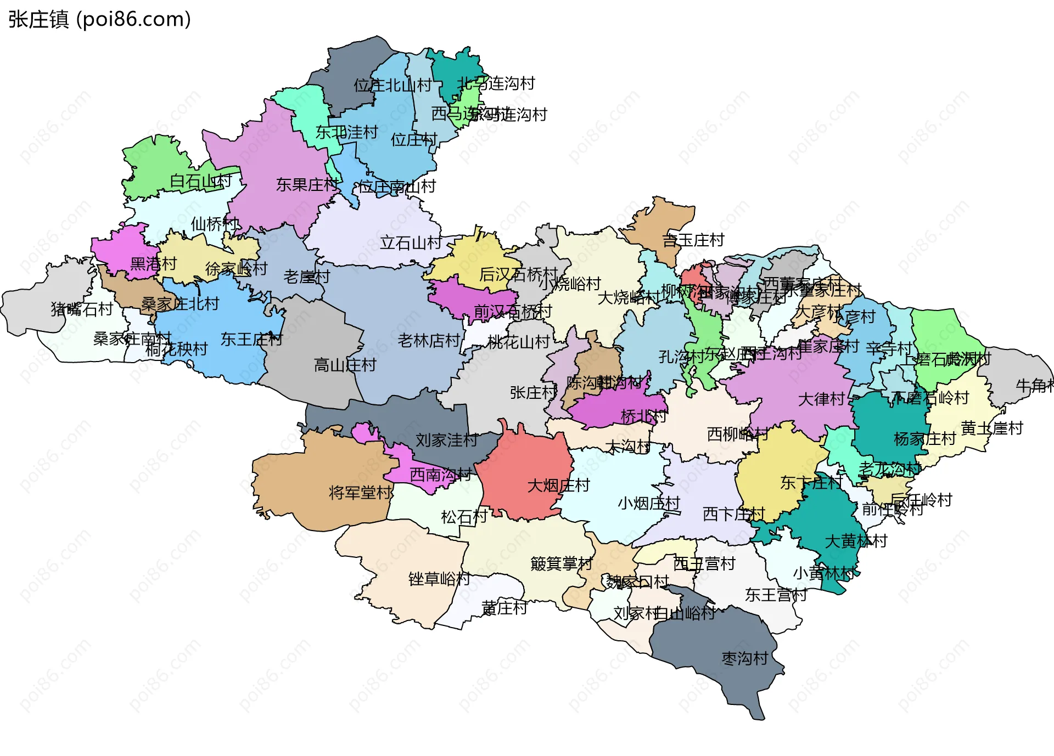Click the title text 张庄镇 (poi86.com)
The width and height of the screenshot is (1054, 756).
(99, 19)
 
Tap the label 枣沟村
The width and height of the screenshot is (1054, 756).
(744, 658)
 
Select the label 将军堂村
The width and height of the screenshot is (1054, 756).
(360, 493)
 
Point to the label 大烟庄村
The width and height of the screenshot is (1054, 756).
(558, 486)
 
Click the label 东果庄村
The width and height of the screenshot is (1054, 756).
(307, 185)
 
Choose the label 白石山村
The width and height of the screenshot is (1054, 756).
(200, 181)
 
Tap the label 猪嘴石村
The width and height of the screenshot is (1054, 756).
(82, 309)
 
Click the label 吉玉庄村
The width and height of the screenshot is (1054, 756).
(693, 240)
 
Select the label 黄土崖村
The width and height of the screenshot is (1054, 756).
(992, 428)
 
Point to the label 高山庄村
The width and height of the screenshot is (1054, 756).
(345, 365)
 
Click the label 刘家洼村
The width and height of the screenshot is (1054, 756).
(446, 440)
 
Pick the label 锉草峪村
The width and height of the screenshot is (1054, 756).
(439, 579)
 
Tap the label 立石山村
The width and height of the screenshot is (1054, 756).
(411, 242)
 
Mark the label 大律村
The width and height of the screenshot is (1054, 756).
(821, 399)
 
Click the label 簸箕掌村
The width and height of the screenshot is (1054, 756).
(561, 563)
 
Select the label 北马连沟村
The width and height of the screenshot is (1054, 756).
(496, 83)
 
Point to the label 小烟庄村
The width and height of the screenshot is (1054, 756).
(648, 503)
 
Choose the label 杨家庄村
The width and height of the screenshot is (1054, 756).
(924, 439)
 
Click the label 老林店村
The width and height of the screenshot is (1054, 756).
(429, 341)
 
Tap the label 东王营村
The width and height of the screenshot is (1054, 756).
(776, 595)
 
